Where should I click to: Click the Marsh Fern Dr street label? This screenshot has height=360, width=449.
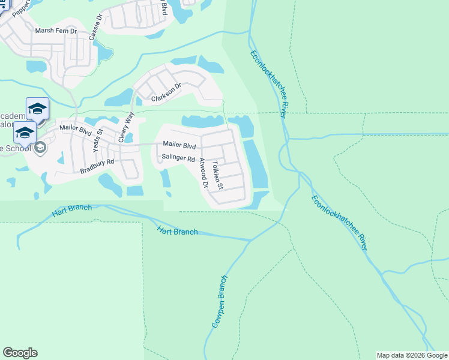point(56,31)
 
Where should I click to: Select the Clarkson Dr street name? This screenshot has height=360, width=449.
point(166,94)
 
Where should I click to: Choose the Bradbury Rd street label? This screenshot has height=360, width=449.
point(97,166)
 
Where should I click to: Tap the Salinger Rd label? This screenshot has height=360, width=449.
point(179,159)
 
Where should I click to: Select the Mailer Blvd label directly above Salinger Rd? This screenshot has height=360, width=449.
point(179,145)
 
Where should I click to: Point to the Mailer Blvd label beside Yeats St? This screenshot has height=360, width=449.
point(75,128)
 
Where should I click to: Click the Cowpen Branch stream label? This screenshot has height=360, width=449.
point(219,302)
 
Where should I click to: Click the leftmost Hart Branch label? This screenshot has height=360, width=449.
point(72,211)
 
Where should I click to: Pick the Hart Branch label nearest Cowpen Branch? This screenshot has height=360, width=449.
point(177,230)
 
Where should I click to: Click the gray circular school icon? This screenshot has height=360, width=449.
point(41,148)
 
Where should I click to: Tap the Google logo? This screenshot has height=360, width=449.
point(20,353)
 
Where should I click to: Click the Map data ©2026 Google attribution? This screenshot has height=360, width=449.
point(412,355)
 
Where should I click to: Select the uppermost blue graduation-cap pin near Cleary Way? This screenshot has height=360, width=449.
point(37,108)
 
